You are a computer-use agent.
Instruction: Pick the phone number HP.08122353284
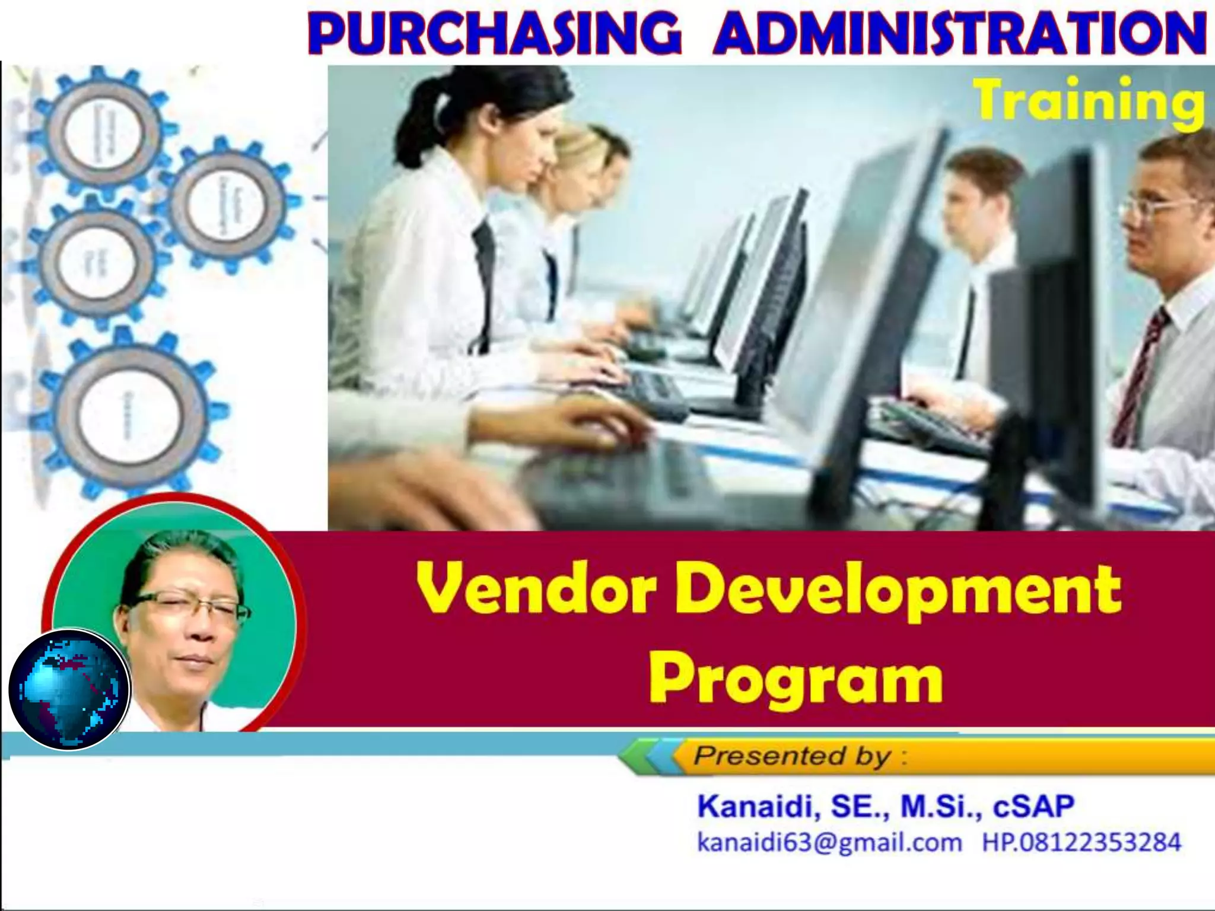click(1081, 842)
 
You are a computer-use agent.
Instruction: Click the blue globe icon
click(69, 690)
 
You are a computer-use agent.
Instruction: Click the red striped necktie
click(1140, 380)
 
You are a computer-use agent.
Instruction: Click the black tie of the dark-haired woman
click(484, 279)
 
